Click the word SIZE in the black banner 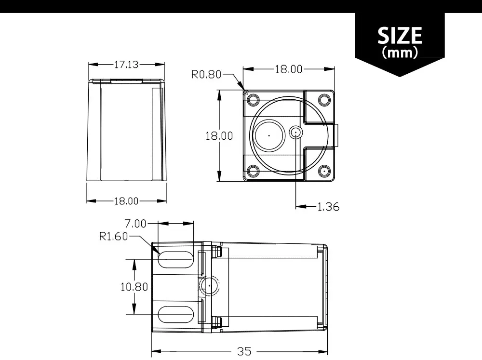(400, 35)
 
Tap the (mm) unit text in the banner (400, 52)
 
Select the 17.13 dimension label (126, 65)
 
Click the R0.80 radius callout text (206, 74)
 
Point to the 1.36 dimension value (328, 207)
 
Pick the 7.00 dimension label (135, 224)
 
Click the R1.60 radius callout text (113, 236)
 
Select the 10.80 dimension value (134, 287)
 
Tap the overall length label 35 (244, 351)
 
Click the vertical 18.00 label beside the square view (219, 136)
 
